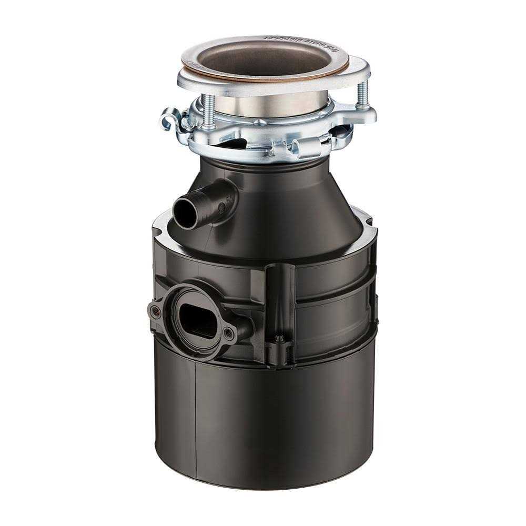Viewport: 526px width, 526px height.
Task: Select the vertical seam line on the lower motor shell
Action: coord(195,416)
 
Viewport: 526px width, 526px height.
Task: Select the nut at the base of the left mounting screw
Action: coord(208,126)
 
